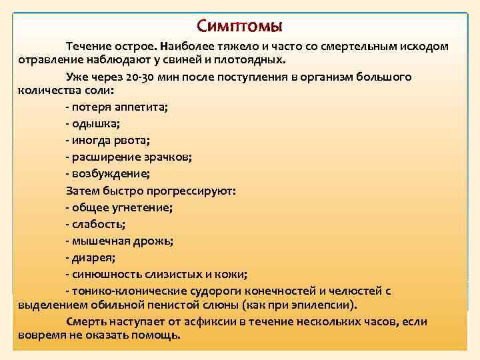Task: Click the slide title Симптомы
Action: tap(240, 26)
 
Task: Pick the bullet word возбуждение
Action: tap(111, 173)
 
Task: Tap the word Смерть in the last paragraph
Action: tap(86, 321)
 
